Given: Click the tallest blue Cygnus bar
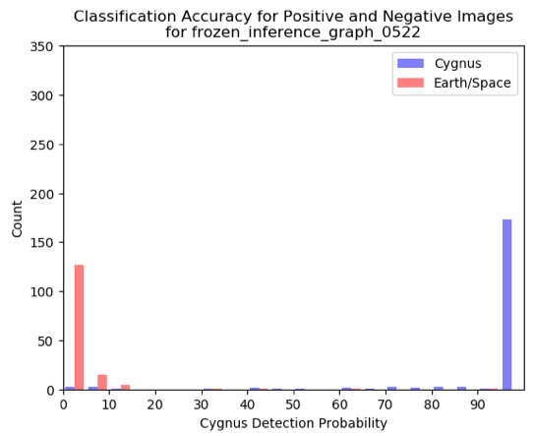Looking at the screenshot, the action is [x=506, y=304].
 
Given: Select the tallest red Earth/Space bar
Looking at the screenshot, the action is [x=79, y=328].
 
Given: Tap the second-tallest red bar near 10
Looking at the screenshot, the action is [x=102, y=382].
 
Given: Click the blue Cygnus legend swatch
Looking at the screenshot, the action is [x=410, y=63].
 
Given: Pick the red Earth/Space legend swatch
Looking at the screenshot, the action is [x=410, y=83].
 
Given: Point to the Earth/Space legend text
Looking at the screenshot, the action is [x=472, y=84].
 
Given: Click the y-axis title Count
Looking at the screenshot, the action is [x=17, y=218].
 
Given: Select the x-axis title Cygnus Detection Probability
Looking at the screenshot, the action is [x=294, y=424].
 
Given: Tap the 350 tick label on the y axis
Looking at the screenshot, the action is [x=42, y=46].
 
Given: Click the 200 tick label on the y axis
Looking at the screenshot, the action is [x=42, y=194].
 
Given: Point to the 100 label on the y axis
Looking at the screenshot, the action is [x=42, y=292].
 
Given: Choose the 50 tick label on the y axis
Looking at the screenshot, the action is [x=45, y=342].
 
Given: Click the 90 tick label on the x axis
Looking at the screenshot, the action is [x=478, y=405].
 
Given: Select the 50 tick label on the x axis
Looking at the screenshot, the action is [x=294, y=405].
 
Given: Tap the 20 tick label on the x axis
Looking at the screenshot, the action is [x=155, y=405].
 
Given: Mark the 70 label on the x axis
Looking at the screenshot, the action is [x=386, y=405].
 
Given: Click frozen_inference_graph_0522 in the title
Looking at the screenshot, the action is [x=306, y=33].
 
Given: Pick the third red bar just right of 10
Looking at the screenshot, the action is [x=125, y=387].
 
